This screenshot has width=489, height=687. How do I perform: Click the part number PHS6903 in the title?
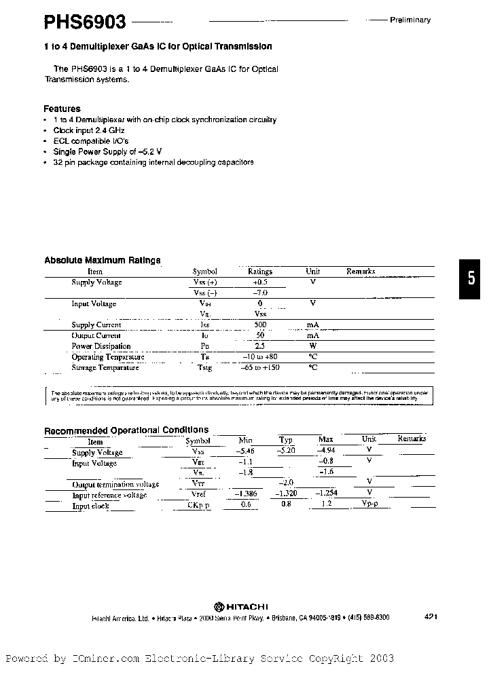(85, 22)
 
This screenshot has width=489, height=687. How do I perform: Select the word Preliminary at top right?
(410, 20)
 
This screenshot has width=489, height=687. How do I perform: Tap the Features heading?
(62, 109)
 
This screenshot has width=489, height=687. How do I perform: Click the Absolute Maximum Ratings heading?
(102, 260)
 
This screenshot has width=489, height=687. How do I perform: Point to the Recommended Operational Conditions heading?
(126, 430)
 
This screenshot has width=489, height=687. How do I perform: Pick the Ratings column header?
(259, 271)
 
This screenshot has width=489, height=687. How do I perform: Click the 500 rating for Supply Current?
(259, 325)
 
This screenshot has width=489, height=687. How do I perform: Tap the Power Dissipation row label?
(101, 346)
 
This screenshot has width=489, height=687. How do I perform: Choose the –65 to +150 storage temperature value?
(260, 368)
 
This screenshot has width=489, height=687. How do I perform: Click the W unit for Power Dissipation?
(313, 346)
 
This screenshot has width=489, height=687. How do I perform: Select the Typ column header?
(286, 441)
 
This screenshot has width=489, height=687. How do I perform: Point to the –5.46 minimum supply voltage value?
(244, 451)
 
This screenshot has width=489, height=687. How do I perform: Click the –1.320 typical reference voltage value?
(288, 494)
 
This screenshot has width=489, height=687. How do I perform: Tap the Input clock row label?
(90, 506)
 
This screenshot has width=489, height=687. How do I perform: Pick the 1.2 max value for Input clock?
(325, 505)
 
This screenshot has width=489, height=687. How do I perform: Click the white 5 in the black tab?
(473, 278)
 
